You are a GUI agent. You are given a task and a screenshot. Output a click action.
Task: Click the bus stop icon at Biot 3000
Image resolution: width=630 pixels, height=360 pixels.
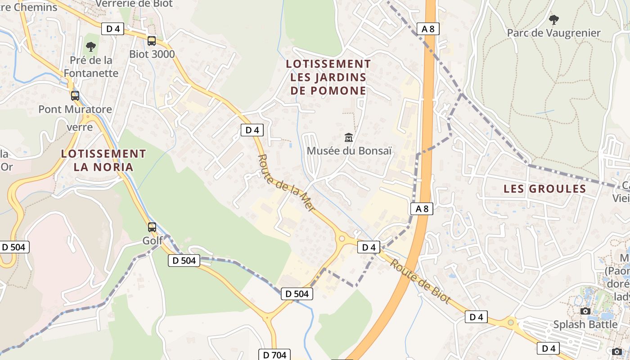click(x=152, y=41)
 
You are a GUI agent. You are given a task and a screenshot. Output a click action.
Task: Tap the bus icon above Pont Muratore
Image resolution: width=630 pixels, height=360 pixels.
click(x=75, y=95)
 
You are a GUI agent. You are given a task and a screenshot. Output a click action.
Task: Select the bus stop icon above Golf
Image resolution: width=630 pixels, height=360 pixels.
click(x=152, y=227)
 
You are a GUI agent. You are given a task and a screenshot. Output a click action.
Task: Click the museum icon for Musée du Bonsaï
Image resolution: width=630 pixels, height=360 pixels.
click(x=349, y=137)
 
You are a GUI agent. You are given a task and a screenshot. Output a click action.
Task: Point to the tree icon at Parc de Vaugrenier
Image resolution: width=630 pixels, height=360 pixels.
click(x=554, y=19)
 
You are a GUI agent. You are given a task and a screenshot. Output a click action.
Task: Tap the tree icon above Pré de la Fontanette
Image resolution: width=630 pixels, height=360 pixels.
click(x=91, y=46)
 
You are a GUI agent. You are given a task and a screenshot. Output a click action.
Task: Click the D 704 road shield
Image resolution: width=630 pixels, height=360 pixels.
click(x=274, y=355)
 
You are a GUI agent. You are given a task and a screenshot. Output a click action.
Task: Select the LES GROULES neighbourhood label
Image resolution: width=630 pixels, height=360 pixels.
click(x=544, y=189)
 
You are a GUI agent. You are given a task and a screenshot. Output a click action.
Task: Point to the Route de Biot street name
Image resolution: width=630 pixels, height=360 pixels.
click(x=420, y=281)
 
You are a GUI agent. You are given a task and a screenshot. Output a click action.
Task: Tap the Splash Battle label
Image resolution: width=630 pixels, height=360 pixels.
click(x=585, y=324)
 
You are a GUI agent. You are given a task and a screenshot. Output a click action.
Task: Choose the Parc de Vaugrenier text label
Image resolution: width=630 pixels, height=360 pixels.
click(x=554, y=33)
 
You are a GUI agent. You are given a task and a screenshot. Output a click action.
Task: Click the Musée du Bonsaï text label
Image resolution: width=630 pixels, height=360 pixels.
click(x=349, y=151)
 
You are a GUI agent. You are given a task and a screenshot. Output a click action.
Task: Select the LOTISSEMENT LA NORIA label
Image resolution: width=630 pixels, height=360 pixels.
click(x=103, y=160)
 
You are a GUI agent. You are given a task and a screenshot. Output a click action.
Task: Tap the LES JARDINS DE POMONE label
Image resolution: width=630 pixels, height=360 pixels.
click(x=328, y=77)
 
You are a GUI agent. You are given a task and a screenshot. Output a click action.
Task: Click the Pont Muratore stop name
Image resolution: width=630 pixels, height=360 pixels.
click(x=75, y=109)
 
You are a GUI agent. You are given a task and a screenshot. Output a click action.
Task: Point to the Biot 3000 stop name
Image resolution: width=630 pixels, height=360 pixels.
click(x=152, y=54)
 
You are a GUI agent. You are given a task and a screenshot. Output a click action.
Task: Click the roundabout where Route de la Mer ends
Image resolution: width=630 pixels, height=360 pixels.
click(x=342, y=238)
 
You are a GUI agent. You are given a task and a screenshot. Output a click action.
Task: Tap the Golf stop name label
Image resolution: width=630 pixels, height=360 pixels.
click(x=153, y=241)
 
